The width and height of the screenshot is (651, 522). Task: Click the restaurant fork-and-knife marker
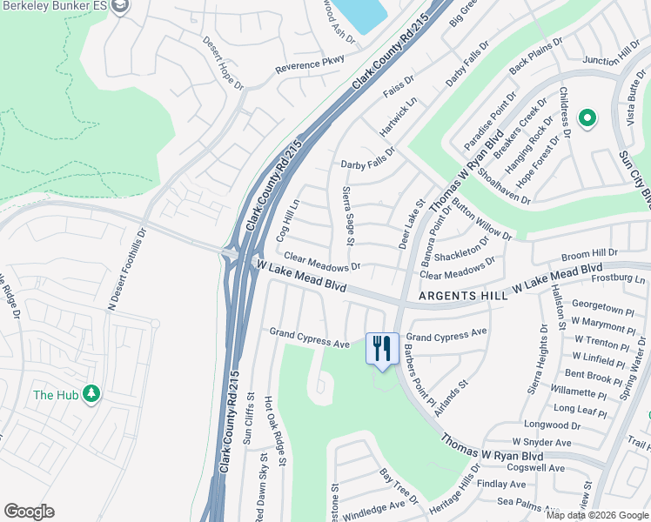point(381,349)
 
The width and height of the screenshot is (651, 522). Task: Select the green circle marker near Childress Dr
point(587,117)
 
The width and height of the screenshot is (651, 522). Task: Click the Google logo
point(29,512)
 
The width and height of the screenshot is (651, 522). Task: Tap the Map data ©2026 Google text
point(596,515)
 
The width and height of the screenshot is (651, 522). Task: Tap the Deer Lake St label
point(410,224)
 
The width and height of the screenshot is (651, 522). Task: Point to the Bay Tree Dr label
point(399,487)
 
